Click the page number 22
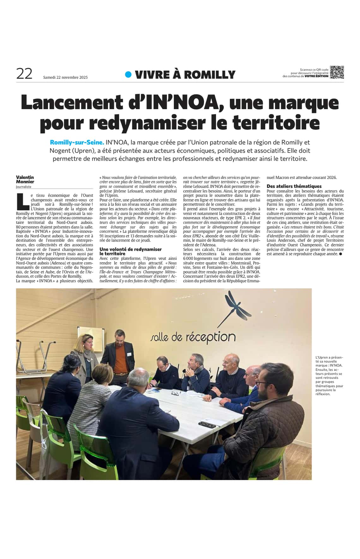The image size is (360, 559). pos(24,74)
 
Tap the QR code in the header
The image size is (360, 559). pos(337,72)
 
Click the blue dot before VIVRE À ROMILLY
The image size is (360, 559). pos(128,74)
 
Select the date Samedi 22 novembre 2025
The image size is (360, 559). pos(65,77)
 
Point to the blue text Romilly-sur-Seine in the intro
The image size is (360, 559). pos(77,142)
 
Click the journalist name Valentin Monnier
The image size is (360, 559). pos(25,179)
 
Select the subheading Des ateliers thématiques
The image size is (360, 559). pos(294,186)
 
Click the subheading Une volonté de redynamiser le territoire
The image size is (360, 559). pos(130,251)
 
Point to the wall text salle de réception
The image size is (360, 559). pos(193,337)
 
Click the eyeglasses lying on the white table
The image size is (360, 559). pos(175,393)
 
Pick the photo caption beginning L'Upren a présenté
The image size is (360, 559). pos(329,375)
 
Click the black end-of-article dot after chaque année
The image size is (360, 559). pos(340,254)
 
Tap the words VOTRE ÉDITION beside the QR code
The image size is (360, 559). pos(316,76)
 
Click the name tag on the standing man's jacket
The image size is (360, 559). pos(129,354)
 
